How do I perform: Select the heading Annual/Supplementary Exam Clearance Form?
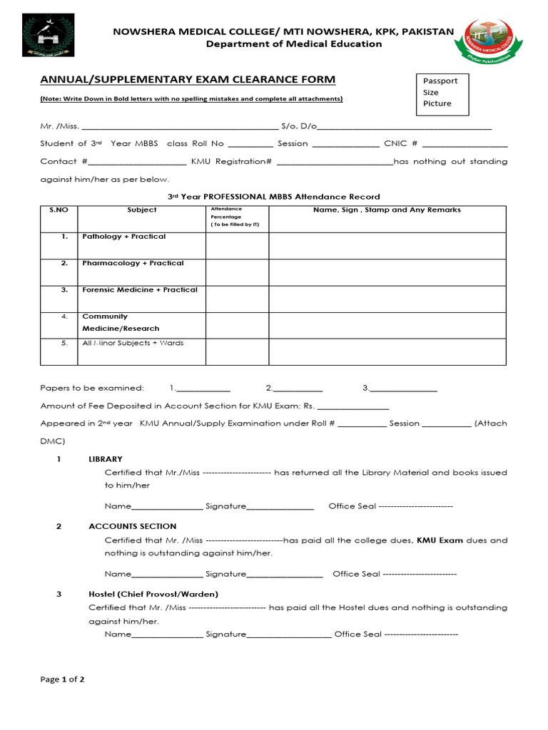click(188, 79)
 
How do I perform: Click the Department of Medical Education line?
click(294, 44)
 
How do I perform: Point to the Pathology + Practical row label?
click(123, 237)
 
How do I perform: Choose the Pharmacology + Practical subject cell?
click(133, 263)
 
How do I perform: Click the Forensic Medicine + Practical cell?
click(140, 290)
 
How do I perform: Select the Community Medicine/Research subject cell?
click(121, 322)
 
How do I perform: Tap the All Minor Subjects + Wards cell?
click(133, 344)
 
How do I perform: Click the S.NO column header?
click(58, 210)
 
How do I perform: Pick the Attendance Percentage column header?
click(236, 217)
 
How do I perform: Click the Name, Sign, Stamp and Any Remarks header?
click(387, 210)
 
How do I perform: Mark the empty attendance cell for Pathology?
click(237, 245)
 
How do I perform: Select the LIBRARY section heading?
click(106, 459)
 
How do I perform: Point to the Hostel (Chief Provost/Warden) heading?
click(153, 594)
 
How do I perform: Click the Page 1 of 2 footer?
click(62, 679)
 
